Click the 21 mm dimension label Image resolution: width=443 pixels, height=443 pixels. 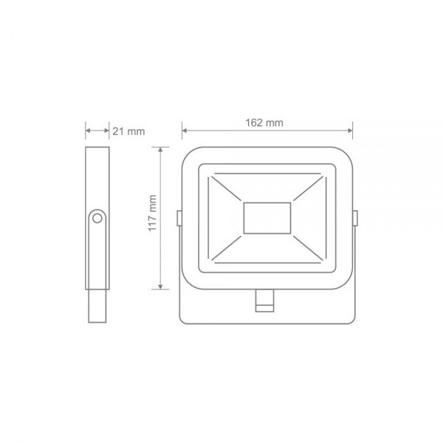pos(128,131)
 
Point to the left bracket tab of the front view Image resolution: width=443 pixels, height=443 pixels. pos(179,216)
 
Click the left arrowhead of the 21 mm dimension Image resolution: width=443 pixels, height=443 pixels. pos(89,131)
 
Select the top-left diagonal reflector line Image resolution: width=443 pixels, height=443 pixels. pos(227,189)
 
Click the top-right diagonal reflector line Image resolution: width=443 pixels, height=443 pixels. pos(307,189)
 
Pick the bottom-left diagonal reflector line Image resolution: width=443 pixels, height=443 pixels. pos(227,247)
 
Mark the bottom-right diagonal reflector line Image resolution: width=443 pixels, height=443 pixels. pos(307,247)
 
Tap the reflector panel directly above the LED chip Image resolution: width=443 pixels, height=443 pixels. pos(267,188)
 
